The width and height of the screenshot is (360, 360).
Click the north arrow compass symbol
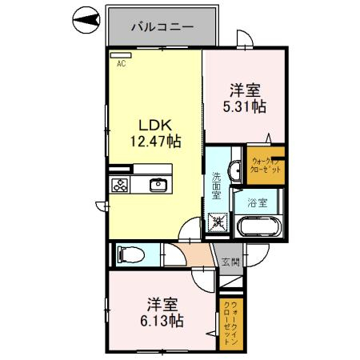85,18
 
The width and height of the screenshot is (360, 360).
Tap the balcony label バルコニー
162,26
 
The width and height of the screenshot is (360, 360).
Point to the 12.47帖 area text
156,141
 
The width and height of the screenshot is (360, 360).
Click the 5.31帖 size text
246,106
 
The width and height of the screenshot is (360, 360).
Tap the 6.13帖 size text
166,320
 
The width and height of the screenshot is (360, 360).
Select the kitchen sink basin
158,185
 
